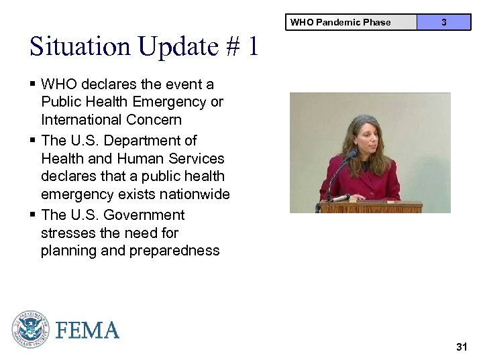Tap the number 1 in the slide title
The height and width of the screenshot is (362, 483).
click(252, 46)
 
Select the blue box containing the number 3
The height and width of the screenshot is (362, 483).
click(443, 22)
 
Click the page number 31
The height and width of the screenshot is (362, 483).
click(461, 347)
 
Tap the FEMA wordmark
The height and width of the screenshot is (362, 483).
click(88, 330)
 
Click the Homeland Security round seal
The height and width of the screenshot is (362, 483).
click(30, 329)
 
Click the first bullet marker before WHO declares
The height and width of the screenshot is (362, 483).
click(33, 84)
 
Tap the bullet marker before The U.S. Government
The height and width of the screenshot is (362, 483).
click(33, 215)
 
